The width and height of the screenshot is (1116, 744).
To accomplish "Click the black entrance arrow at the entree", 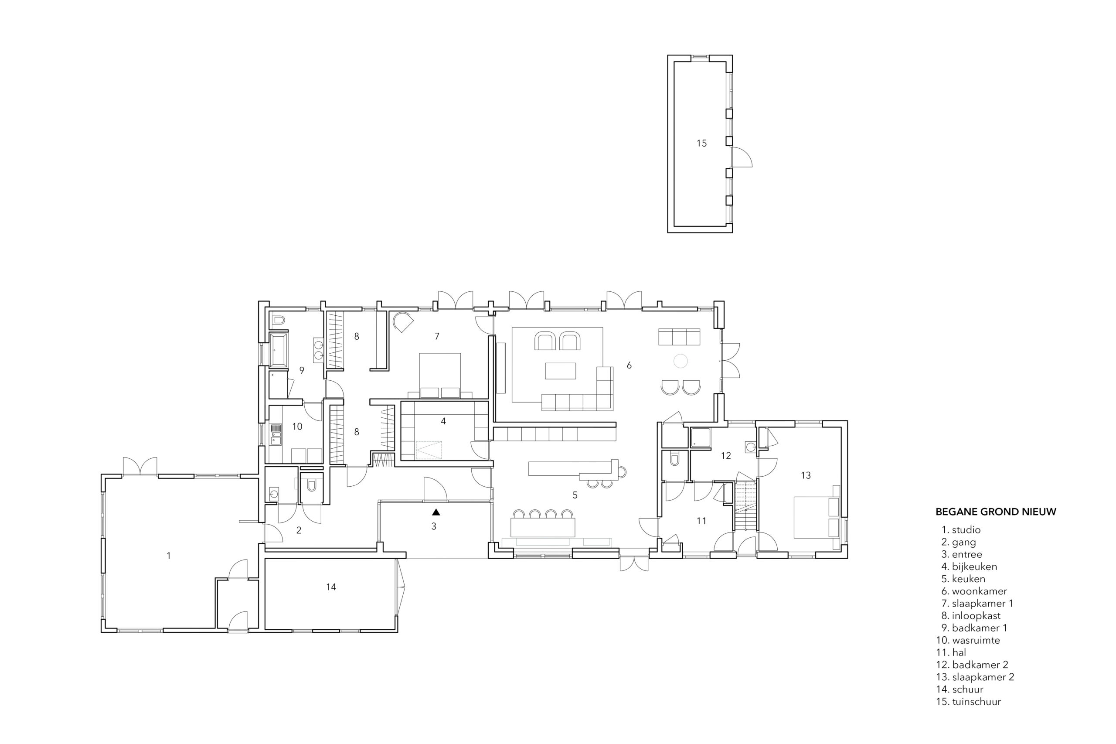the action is [x=436, y=512].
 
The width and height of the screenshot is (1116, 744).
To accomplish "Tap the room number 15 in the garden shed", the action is [x=701, y=143].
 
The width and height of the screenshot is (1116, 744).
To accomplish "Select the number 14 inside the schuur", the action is [x=331, y=587].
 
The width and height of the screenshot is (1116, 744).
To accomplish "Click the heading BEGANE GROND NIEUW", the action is [x=996, y=512].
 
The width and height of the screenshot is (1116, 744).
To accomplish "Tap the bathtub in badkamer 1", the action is [x=278, y=350].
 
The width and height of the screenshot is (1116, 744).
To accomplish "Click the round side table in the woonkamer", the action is [x=680, y=362].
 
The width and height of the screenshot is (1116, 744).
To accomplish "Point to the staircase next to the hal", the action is [x=745, y=506].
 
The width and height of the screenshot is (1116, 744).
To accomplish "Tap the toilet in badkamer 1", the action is [x=279, y=320].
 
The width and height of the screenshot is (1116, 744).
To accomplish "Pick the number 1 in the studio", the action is [x=168, y=556].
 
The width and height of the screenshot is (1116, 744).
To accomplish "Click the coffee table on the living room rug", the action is [x=561, y=371].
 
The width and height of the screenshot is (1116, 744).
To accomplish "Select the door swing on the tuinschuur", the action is [x=742, y=157].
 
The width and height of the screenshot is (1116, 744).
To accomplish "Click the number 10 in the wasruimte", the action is [x=297, y=427].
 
